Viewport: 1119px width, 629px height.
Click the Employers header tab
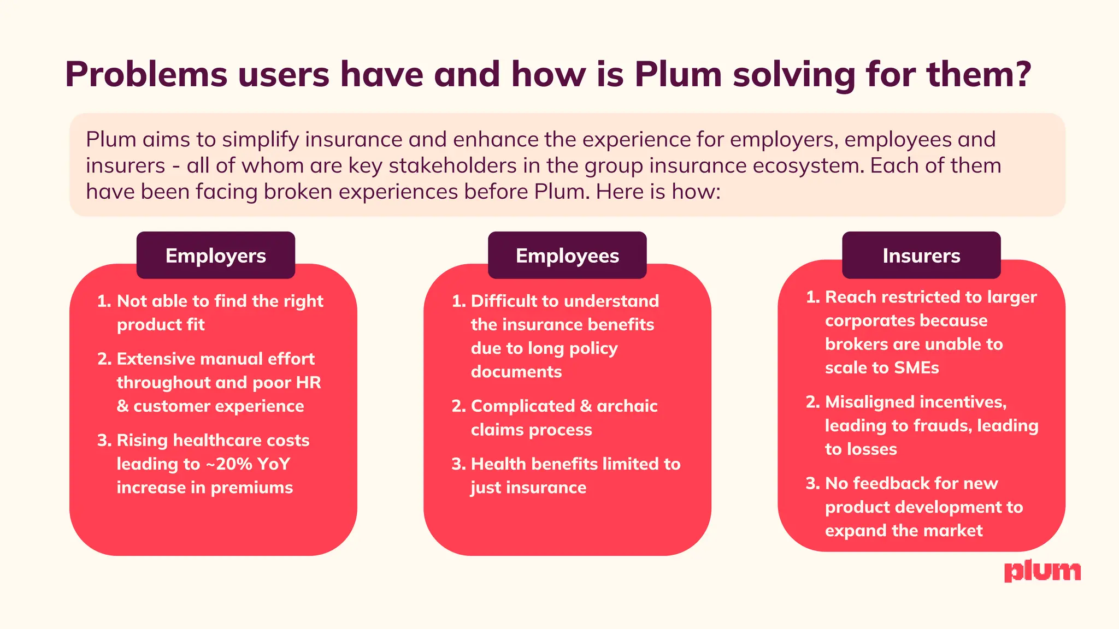pyautogui.click(x=216, y=256)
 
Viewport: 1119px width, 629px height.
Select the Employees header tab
pyautogui.click(x=567, y=256)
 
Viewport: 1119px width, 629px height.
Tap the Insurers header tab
pyautogui.click(x=921, y=256)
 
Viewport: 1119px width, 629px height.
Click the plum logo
pyautogui.click(x=1043, y=571)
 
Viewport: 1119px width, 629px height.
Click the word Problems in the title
pyautogui.click(x=146, y=74)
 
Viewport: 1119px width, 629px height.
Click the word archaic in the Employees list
pyautogui.click(x=627, y=406)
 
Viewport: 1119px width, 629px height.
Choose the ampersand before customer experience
pyautogui.click(x=122, y=406)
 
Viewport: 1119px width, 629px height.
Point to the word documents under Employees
pyautogui.click(x=516, y=372)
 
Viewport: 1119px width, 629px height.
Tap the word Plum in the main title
pyautogui.click(x=678, y=74)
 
